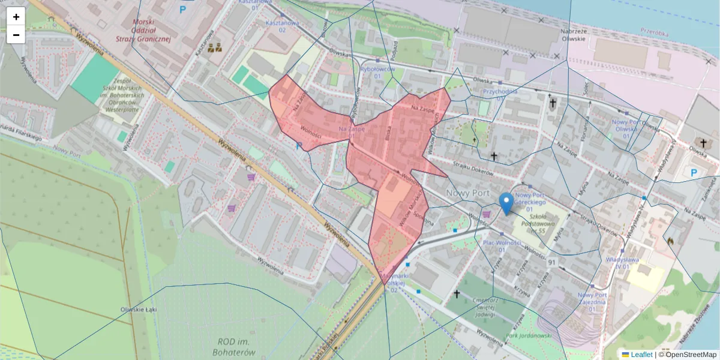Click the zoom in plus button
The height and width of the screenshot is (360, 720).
point(16,17)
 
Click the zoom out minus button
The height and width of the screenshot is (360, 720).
point(16,35)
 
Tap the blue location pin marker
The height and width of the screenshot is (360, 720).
point(506,203)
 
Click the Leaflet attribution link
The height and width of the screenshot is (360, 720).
point(641,355)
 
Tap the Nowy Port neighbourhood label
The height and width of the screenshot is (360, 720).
point(468,193)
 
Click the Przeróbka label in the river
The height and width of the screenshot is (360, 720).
point(654,34)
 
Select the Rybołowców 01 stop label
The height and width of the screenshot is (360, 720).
point(377,73)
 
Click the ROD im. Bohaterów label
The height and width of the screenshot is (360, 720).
point(234,347)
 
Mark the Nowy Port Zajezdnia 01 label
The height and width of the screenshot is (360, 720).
point(592,299)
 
